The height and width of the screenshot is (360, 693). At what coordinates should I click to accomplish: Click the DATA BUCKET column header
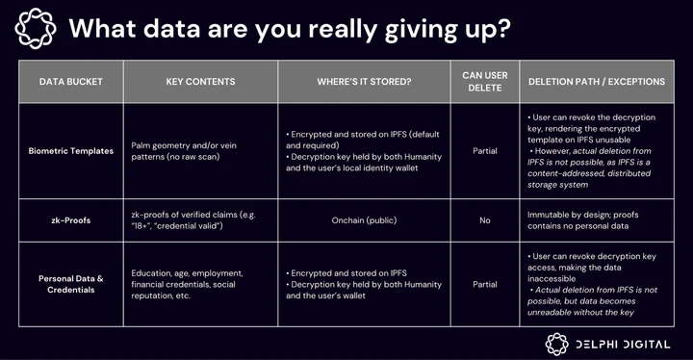(x=70, y=82)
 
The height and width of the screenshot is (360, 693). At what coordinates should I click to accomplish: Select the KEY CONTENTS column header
(x=200, y=82)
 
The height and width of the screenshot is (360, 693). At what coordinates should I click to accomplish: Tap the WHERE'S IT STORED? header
(x=364, y=82)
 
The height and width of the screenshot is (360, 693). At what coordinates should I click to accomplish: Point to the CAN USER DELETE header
(x=485, y=82)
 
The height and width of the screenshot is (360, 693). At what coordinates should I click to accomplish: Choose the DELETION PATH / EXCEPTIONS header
(x=597, y=82)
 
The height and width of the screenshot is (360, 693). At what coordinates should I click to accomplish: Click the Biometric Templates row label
(x=70, y=151)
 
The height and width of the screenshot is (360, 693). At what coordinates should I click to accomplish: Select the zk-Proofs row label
(x=70, y=220)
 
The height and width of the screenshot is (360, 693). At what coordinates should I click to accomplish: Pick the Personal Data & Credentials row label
(x=70, y=284)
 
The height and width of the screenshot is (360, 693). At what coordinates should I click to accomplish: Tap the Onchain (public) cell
(x=364, y=220)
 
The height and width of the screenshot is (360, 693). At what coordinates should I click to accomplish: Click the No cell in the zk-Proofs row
(x=485, y=220)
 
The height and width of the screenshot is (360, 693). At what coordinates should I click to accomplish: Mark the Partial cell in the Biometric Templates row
(x=485, y=151)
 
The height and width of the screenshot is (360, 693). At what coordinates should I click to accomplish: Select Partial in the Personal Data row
(x=485, y=284)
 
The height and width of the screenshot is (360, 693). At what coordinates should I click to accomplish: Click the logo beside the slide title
(x=36, y=28)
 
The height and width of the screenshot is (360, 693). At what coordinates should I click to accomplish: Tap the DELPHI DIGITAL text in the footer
(x=623, y=345)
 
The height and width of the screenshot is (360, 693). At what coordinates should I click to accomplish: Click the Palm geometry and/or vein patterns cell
(x=184, y=151)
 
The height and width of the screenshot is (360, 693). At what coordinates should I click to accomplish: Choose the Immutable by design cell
(x=583, y=220)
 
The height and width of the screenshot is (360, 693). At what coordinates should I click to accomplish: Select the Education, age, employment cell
(x=187, y=284)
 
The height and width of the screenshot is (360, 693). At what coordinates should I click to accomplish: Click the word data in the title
(x=172, y=28)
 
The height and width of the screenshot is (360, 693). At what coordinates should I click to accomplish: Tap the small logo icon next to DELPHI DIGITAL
(x=557, y=344)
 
